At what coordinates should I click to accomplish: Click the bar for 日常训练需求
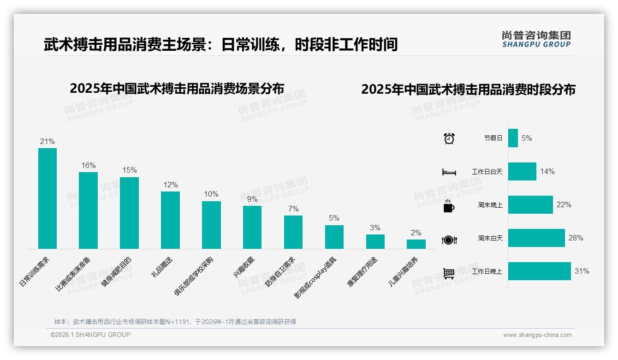point(48,198)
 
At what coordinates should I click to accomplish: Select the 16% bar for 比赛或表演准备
point(88,210)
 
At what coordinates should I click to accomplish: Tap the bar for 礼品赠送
point(170,220)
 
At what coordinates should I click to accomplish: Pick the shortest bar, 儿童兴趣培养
point(416,244)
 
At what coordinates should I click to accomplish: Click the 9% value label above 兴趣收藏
point(252,199)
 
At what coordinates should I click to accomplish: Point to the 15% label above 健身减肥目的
point(130,170)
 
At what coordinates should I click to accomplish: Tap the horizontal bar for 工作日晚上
point(540,271)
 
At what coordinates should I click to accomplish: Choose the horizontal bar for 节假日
point(513,138)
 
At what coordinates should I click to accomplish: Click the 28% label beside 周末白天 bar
point(576,238)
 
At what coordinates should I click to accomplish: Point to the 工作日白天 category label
point(487,172)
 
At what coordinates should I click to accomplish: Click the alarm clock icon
point(449,138)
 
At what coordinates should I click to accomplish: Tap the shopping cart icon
point(449,273)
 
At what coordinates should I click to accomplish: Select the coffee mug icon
point(449,206)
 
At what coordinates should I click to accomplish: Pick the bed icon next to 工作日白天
point(449,172)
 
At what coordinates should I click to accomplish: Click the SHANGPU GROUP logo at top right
point(536,39)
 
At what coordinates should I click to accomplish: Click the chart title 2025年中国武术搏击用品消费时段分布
point(468,90)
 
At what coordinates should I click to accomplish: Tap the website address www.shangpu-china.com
point(537,335)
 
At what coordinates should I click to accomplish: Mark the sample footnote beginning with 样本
point(175,322)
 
